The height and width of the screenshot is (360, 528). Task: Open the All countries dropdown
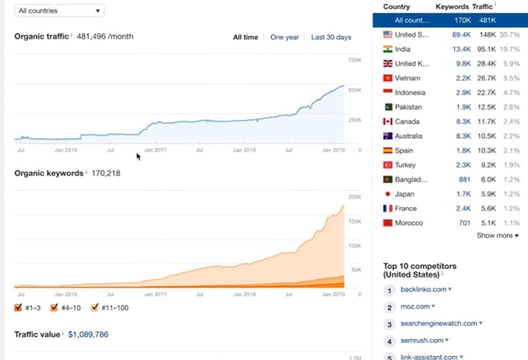coord(59,11)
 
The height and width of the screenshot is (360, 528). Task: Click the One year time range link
coord(285,37)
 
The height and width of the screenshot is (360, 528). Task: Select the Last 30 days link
coord(331,37)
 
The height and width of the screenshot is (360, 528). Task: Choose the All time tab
coord(246,37)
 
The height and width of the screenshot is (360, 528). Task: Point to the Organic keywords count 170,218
coord(105,174)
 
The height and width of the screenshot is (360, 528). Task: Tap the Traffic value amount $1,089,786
coord(88,334)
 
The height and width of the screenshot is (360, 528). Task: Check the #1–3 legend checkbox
coord(18,308)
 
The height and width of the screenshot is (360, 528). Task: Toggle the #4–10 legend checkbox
coord(54,308)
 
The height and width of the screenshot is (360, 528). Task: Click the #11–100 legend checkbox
coord(95,308)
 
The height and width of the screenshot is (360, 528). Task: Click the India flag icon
coord(388,49)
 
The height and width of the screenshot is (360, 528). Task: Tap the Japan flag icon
coord(388,194)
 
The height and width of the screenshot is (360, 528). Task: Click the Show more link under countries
coord(497,235)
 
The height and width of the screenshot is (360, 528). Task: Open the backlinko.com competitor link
coord(422,290)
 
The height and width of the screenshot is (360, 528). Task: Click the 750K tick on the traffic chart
coord(354,60)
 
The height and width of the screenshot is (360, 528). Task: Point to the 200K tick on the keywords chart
coord(354,197)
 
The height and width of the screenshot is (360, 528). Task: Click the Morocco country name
coord(408,223)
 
